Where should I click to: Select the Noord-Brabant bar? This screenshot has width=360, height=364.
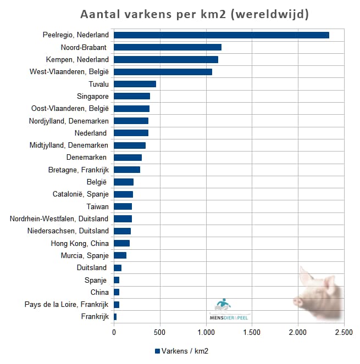tap(167, 47)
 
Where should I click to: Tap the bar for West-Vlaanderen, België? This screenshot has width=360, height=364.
tap(163, 72)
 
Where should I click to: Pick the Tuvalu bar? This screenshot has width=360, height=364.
tap(135, 84)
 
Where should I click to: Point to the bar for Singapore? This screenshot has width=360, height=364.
tap(132, 96)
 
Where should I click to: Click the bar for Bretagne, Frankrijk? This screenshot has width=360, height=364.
tap(127, 170)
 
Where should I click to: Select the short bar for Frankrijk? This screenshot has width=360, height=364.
tap(115, 317)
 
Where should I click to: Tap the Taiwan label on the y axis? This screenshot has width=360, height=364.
tap(97, 206)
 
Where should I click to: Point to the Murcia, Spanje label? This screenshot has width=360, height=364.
tap(85, 255)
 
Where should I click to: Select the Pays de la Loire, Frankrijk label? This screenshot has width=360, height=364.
tap(67, 305)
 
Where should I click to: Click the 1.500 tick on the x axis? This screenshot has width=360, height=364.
tap(252, 333)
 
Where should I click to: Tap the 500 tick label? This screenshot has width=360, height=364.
tap(160, 333)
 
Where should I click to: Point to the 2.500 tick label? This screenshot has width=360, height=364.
tap(344, 333)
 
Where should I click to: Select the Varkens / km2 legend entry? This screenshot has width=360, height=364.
tap(181, 351)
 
